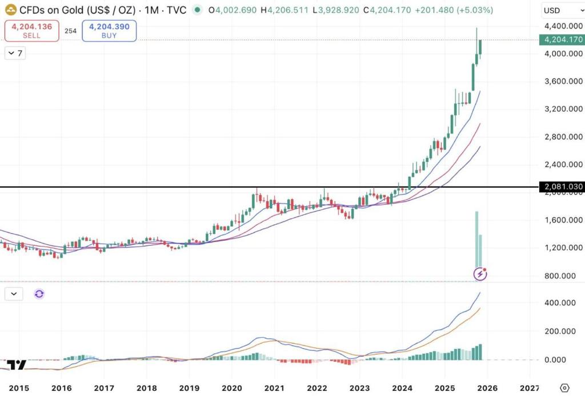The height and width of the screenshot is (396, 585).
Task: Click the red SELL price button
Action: pos(32,31)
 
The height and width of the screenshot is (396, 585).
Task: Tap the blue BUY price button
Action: pos(109,31)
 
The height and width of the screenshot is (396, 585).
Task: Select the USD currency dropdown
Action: pos(558,10)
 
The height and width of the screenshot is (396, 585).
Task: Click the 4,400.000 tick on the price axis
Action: pos(563,26)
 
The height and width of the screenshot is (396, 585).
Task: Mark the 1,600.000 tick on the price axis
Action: pos(563,220)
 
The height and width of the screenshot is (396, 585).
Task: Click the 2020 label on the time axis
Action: pos(232,387)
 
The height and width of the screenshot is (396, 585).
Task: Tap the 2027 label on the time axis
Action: pos(530,387)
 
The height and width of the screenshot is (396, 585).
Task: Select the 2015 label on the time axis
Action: pos(19,387)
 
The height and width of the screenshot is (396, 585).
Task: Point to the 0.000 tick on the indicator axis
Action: pos(570,359)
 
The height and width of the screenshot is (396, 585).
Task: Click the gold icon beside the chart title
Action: pos(10,10)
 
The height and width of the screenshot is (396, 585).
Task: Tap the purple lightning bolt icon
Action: pos(480,274)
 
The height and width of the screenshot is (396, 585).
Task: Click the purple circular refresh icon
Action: pos(39,294)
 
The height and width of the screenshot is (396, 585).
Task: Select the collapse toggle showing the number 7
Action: pos(15,53)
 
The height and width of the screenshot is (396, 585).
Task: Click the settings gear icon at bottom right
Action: pos(565,387)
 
